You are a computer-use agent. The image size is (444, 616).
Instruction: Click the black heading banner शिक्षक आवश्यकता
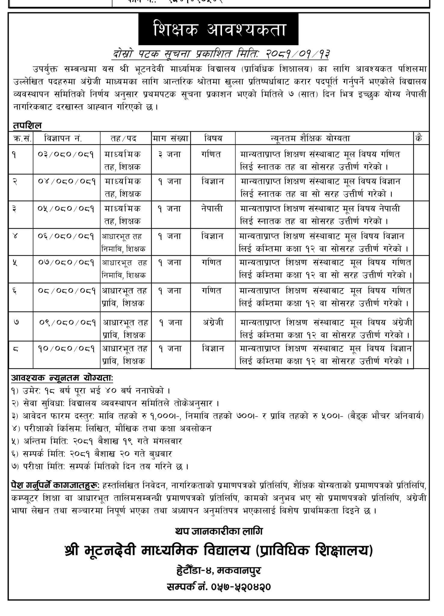pyautogui.click(x=218, y=29)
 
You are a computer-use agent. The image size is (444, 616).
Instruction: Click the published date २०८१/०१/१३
pyautogui.click(x=298, y=54)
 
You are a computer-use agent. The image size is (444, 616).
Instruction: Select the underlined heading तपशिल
pyautogui.click(x=27, y=125)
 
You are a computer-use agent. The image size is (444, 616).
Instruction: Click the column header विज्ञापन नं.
pyautogui.click(x=63, y=138)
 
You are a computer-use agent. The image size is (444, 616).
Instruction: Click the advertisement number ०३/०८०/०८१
pyautogui.click(x=66, y=155)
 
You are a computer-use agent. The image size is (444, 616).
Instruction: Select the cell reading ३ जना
pyautogui.click(x=169, y=154)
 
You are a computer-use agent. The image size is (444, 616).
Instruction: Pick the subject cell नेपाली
pyautogui.click(x=212, y=208)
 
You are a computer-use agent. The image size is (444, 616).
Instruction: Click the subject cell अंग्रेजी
pyautogui.click(x=213, y=322)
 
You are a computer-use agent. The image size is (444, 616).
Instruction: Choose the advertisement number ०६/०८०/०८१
pyautogui.click(x=66, y=236)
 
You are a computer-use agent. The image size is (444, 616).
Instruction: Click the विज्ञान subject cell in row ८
pyautogui.click(x=213, y=349)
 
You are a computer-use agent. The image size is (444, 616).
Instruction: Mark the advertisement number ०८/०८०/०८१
pyautogui.click(x=67, y=291)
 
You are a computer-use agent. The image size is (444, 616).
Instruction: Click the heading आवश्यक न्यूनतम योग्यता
pyautogui.click(x=62, y=378)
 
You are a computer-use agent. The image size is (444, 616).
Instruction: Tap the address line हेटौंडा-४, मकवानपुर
pyautogui.click(x=219, y=570)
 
